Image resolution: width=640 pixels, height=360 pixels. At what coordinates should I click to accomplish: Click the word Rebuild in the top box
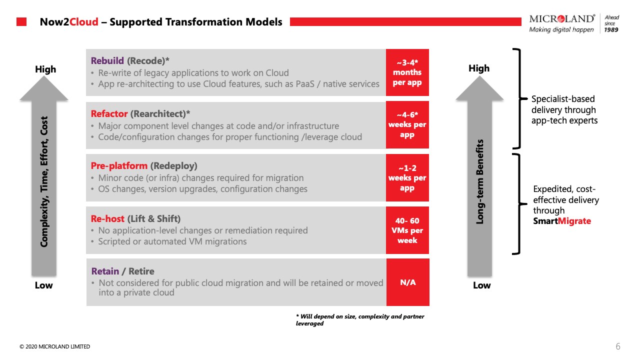[107, 60]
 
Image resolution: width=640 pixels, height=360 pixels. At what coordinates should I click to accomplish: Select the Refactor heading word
[109, 113]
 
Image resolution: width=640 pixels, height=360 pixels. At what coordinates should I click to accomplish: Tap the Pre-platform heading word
[119, 165]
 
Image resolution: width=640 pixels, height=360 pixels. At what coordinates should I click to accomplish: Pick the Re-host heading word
[107, 218]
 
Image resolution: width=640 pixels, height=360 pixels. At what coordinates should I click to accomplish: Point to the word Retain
[105, 271]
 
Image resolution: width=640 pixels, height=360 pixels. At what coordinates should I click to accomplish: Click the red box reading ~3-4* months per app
[407, 72]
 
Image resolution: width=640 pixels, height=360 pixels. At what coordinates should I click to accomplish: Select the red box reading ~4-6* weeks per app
[407, 125]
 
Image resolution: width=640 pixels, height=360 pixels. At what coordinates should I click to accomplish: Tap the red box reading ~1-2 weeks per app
[407, 177]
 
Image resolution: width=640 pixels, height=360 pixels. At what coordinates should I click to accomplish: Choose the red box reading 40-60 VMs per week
[407, 230]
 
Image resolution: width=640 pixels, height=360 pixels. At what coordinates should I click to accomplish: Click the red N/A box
[408, 282]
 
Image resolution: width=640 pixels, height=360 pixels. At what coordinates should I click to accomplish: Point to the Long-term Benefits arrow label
[479, 181]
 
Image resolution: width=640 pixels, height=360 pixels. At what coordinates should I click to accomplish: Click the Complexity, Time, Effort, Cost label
[44, 181]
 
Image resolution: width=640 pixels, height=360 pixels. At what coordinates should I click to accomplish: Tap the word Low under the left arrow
[43, 285]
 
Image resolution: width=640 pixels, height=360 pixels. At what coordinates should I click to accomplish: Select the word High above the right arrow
[479, 68]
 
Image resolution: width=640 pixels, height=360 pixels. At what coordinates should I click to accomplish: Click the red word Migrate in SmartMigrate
[574, 221]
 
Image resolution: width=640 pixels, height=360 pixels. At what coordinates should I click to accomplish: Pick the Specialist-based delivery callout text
[564, 109]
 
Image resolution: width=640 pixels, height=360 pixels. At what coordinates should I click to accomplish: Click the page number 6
[618, 346]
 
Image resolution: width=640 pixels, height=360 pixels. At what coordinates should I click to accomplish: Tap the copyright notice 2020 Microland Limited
[54, 346]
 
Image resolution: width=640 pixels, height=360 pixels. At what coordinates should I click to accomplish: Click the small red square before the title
[21, 21]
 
